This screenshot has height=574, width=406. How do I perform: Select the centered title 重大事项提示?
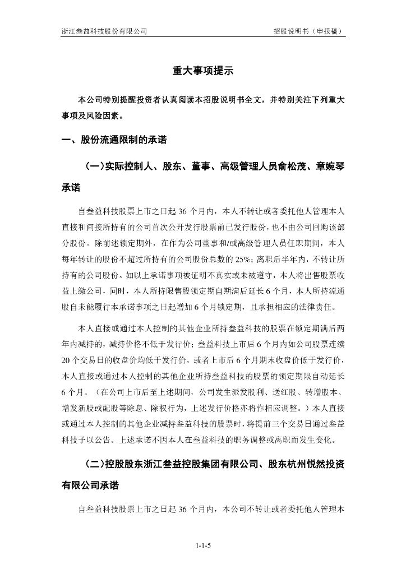202,71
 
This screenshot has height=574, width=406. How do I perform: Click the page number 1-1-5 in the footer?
202,545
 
